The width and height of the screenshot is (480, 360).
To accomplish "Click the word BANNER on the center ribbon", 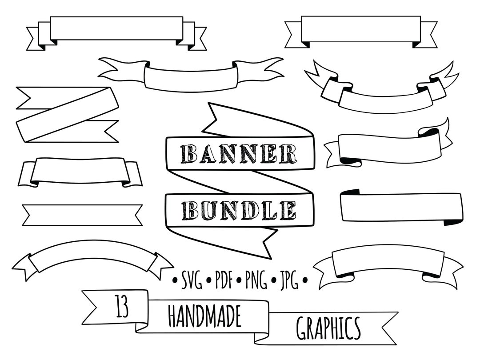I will coord(240,154).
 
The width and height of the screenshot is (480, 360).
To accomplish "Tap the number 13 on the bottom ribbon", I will coord(122,308).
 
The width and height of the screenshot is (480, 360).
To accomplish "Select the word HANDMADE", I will coord(204,316).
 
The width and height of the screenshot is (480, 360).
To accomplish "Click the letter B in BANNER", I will coord(188,154).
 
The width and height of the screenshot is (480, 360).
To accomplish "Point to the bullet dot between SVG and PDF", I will coord(208,281).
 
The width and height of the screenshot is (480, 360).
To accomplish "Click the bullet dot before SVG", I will coord(175,281).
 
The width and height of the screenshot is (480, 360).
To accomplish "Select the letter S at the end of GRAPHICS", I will coord(355,329).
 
